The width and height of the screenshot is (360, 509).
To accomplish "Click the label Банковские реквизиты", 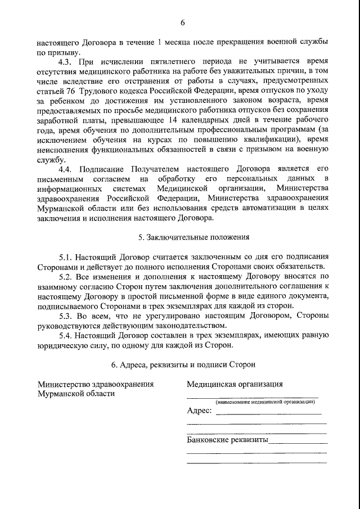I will point(227,440).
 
